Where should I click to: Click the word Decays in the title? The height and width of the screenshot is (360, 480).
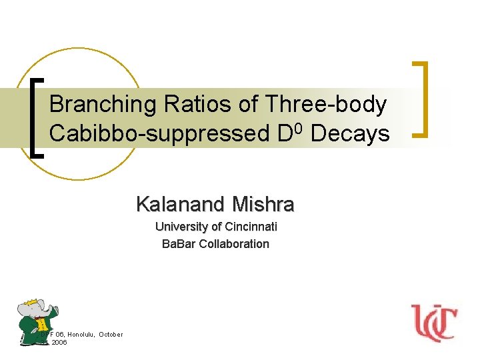point(350,133)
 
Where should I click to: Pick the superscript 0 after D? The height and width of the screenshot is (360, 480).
point(298,127)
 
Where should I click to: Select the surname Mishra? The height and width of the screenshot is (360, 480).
point(263,203)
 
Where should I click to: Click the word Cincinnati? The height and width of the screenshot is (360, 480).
point(248,227)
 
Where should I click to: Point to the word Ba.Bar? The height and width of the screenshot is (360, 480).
point(179,244)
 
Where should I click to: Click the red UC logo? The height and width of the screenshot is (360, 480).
point(433,322)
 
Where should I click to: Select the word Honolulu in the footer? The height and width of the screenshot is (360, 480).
point(79,334)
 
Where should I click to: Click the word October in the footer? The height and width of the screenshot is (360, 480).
point(111,334)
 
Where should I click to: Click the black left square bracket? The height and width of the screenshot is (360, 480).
point(38,117)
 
